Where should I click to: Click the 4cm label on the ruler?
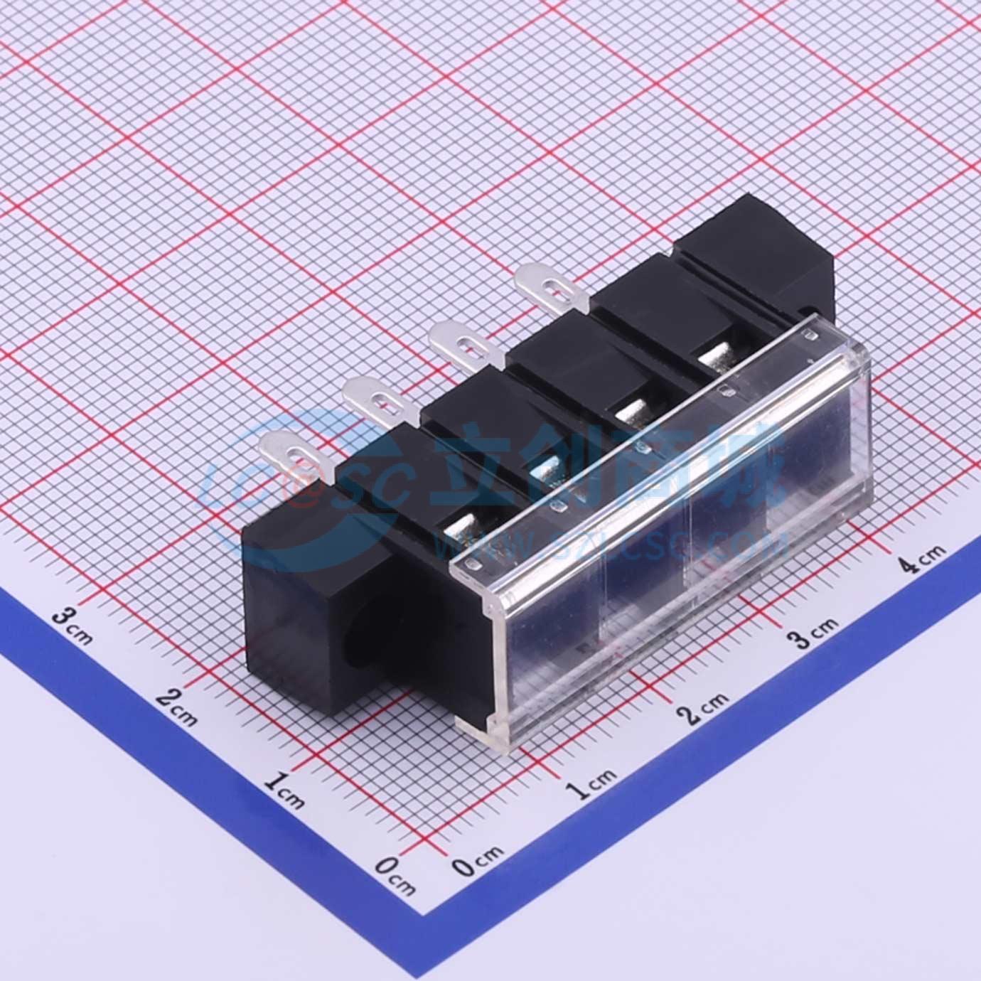point(921,559)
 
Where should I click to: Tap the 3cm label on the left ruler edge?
point(74,624)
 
